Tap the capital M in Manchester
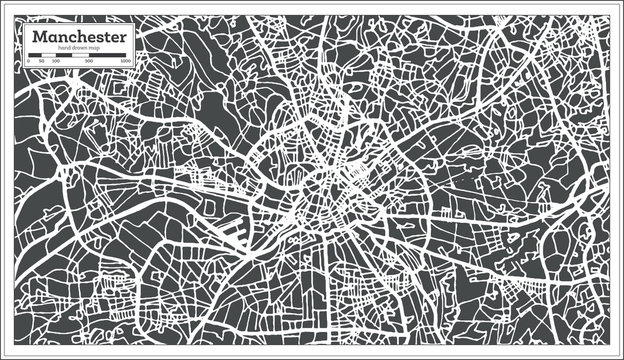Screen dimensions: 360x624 click(39, 37)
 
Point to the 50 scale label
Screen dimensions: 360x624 click(41, 62)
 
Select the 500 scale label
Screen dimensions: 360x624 click(89, 62)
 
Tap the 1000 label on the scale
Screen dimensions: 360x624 click(125, 62)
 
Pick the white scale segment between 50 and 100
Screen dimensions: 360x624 click(48, 56)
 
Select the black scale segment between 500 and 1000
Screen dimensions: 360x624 click(107, 56)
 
